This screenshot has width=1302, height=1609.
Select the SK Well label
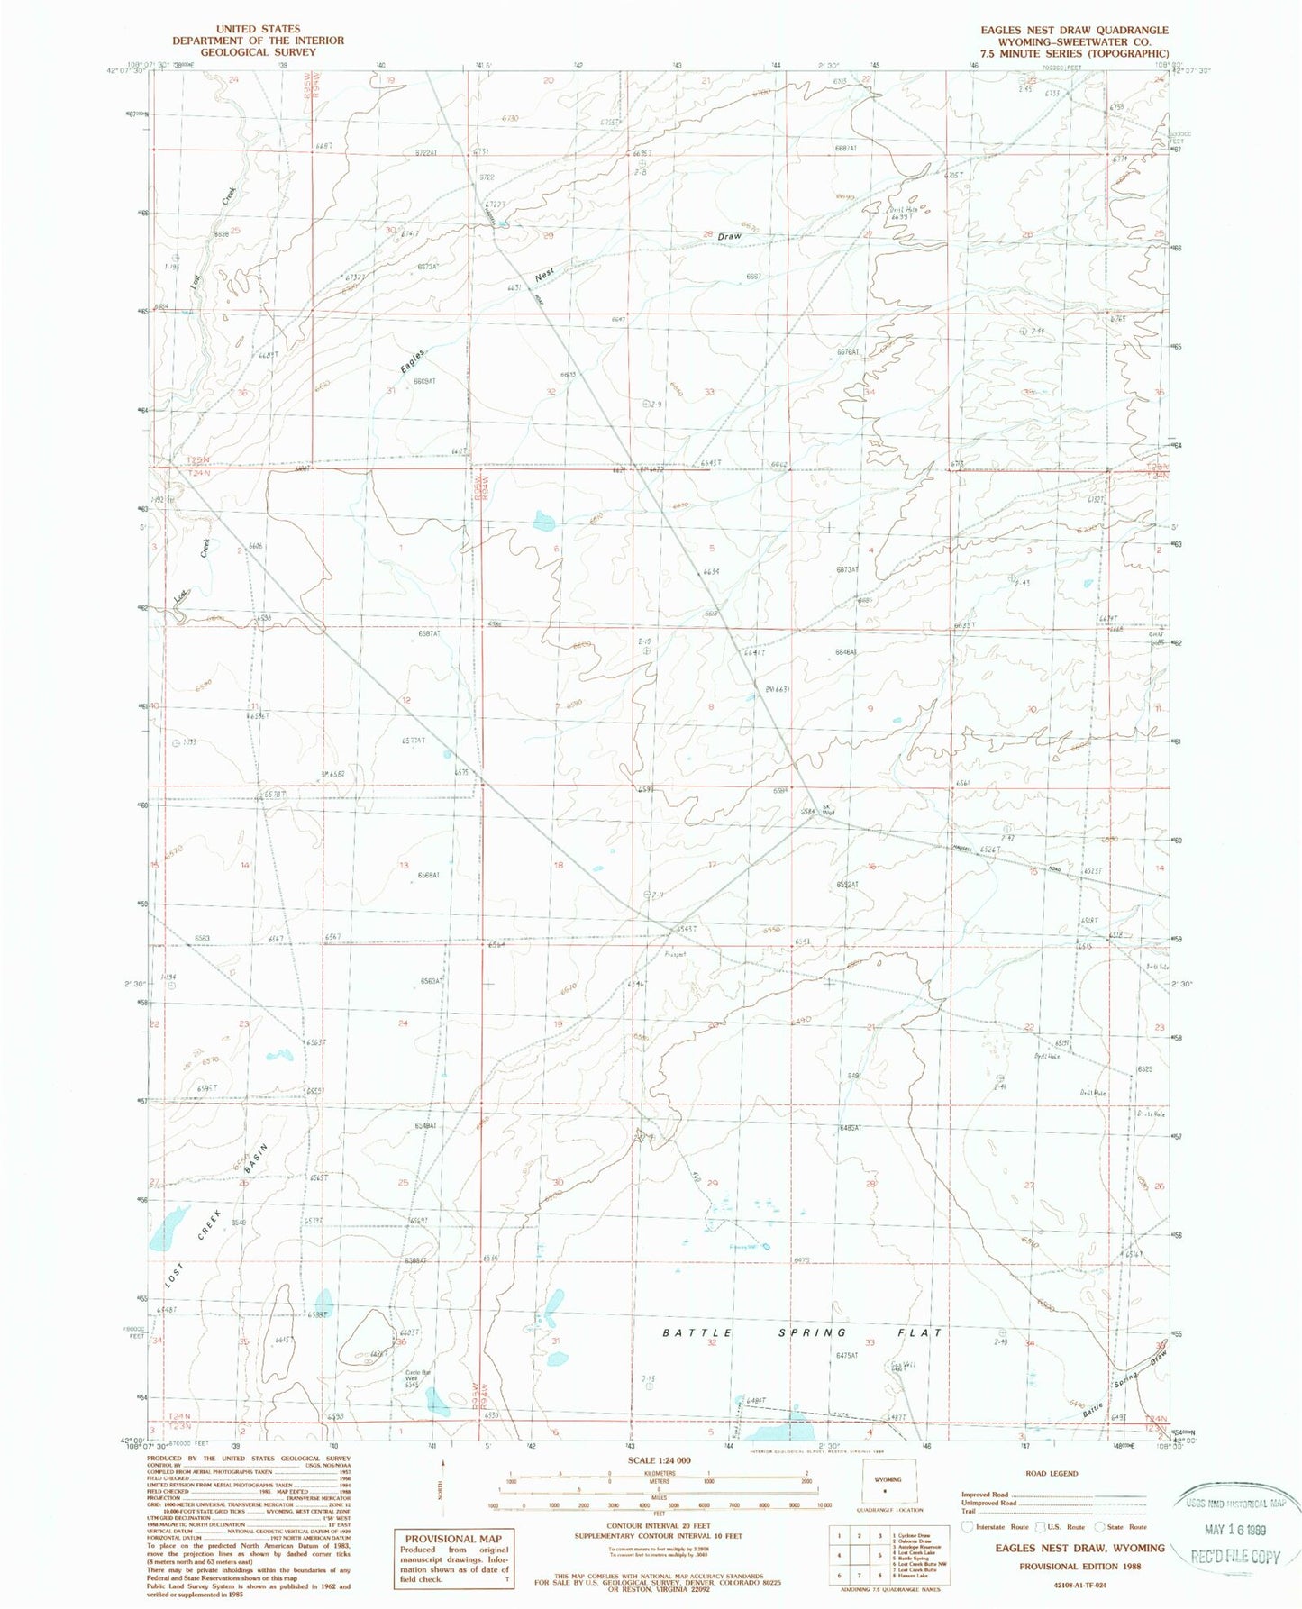(826, 809)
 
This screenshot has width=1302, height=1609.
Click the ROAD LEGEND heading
(1052, 1473)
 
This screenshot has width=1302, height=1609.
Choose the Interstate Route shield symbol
(968, 1527)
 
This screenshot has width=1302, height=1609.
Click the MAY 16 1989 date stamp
(1236, 1530)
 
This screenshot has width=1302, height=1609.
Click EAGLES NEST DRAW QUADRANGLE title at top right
(1075, 30)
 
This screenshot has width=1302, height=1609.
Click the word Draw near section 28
(729, 236)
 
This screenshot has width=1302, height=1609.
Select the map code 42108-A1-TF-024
(1068, 1585)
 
